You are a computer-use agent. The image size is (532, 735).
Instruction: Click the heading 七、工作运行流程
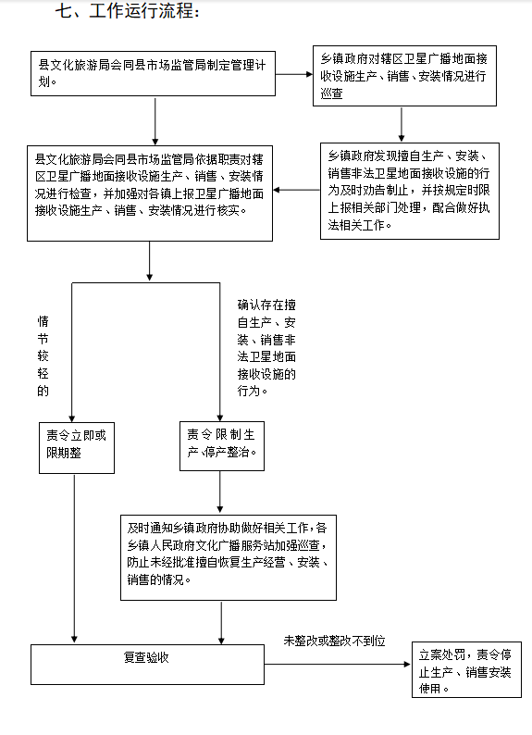click(x=128, y=11)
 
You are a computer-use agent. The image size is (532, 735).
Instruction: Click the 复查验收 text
click(x=146, y=657)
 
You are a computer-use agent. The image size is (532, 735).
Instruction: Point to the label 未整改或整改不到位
click(x=334, y=641)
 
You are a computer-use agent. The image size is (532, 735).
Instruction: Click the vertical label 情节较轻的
click(x=43, y=355)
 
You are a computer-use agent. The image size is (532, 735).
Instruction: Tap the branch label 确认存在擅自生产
click(x=266, y=347)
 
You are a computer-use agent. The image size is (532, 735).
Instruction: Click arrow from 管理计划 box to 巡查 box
click(x=294, y=74)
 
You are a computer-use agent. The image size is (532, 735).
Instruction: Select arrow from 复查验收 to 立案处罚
click(x=338, y=664)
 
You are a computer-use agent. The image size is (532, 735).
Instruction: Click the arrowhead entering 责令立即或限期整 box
click(x=71, y=418)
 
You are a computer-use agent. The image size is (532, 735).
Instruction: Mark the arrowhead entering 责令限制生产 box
click(x=220, y=417)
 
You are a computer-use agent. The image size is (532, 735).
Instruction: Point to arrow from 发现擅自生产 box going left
click(x=296, y=190)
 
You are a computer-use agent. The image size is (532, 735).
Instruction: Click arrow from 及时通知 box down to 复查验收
click(x=221, y=623)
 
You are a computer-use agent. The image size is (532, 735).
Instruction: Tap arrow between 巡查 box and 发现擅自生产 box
click(x=402, y=125)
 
